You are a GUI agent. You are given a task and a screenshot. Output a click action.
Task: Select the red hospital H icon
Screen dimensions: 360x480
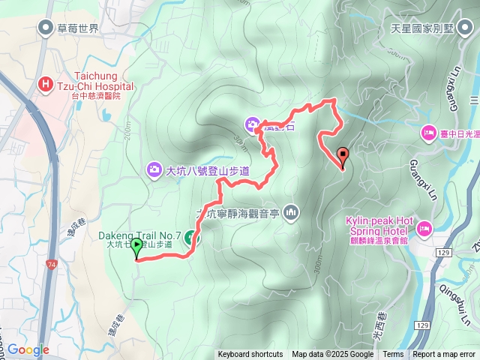pyautogui.click(x=44, y=83)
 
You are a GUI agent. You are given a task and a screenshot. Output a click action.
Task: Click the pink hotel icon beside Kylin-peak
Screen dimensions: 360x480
pyautogui.click(x=423, y=226)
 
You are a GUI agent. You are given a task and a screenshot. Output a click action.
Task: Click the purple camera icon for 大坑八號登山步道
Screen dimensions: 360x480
pyautogui.click(x=154, y=170)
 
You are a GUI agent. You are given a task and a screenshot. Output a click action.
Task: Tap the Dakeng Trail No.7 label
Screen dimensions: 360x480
pyautogui.click(x=139, y=235)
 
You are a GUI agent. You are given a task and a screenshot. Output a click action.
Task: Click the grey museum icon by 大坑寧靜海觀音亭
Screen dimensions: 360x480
pyautogui.click(x=292, y=213)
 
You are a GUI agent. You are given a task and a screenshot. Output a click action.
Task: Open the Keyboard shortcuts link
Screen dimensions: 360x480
pyautogui.click(x=250, y=355)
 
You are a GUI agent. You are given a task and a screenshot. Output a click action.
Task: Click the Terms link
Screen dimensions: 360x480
pyautogui.click(x=393, y=355)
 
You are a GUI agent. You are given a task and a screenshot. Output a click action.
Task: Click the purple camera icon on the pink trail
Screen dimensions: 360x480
pyautogui.click(x=253, y=124)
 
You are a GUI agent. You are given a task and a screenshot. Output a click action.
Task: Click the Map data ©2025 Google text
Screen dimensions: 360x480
pyautogui.click(x=332, y=355)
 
